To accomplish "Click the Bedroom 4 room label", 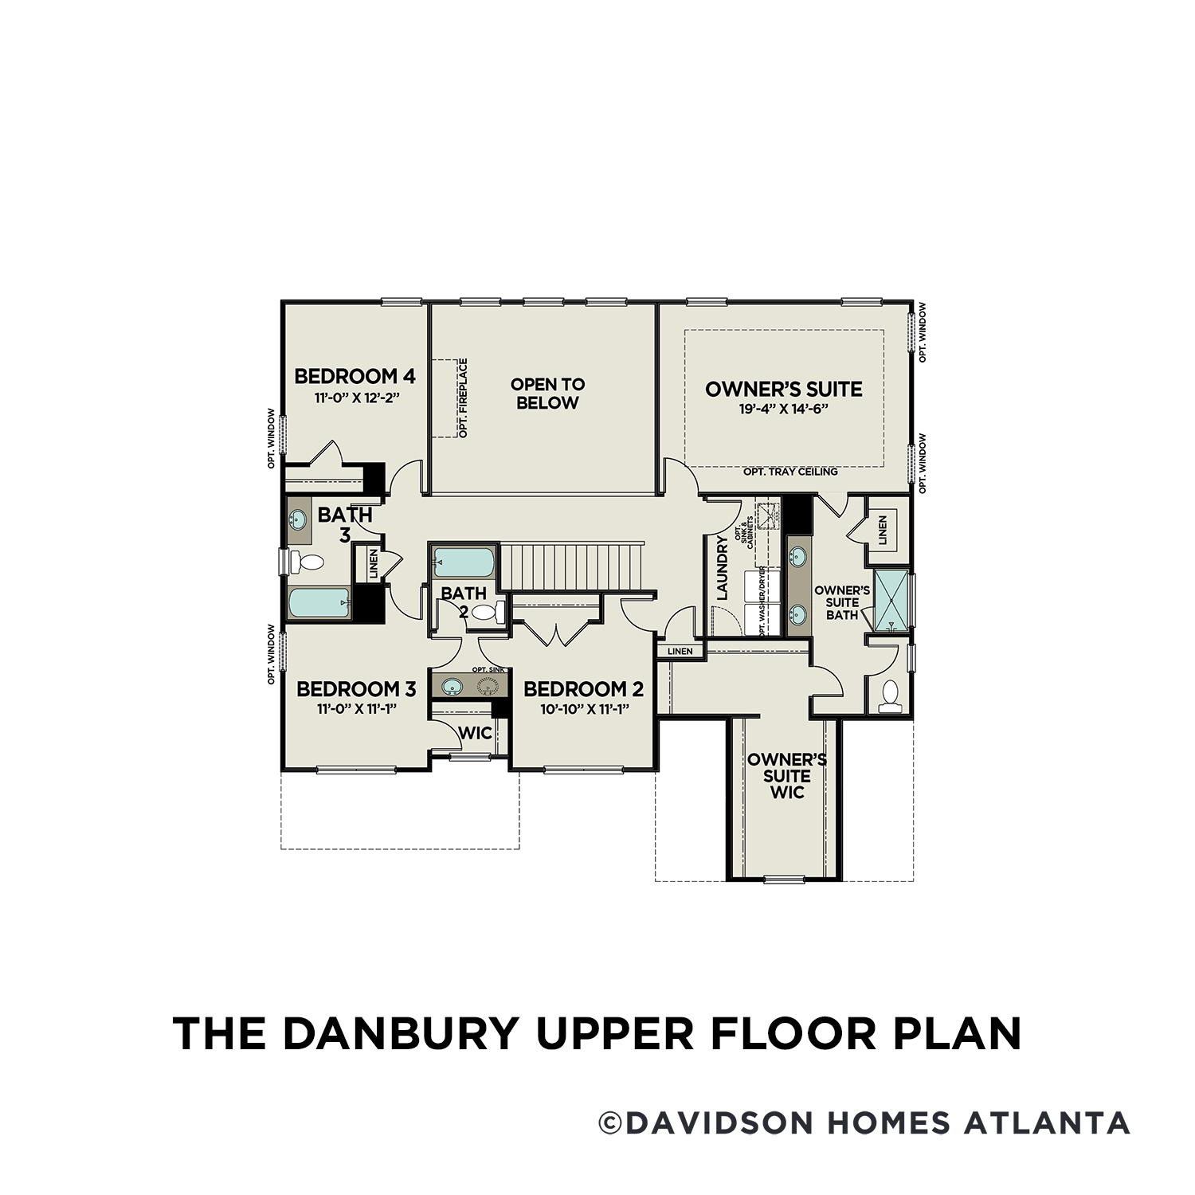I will [355, 376].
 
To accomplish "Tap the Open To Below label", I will [547, 394].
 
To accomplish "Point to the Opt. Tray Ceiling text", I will [790, 472].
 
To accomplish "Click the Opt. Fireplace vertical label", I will [463, 398].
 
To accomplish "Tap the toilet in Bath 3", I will [307, 562].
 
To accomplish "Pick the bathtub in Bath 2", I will [464, 562].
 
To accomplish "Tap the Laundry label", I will [723, 568].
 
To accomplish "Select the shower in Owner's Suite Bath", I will [891, 601].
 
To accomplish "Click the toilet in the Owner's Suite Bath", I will [889, 696].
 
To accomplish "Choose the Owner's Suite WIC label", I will [786, 776].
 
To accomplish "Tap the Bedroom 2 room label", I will [583, 689].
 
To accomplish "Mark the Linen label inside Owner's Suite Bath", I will [882, 530].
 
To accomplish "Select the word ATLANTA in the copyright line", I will [1047, 1123].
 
